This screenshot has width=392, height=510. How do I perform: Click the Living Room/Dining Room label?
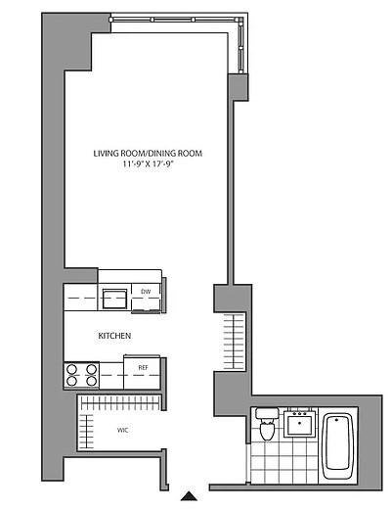click(148, 154)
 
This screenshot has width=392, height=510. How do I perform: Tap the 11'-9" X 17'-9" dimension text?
click(148, 164)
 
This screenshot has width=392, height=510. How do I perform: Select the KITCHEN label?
click(114, 336)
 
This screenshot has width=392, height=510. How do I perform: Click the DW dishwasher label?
click(146, 292)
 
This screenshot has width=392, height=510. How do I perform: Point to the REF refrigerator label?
click(143, 368)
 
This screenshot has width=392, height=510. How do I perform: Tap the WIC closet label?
click(122, 431)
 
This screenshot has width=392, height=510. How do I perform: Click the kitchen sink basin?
click(114, 299)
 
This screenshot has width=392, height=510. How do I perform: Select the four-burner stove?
click(81, 375)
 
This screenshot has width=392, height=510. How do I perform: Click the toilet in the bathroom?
click(267, 424)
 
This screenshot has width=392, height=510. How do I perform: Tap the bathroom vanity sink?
click(300, 424)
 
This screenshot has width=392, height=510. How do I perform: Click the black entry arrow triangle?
click(189, 496)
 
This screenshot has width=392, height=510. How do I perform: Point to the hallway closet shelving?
click(234, 342)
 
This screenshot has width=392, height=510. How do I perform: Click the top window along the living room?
click(175, 20)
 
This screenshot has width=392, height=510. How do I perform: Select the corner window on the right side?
click(240, 45)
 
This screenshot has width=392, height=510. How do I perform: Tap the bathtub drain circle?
click(336, 420)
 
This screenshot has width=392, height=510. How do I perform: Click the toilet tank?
click(267, 413)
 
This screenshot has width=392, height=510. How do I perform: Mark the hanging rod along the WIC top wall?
click(120, 403)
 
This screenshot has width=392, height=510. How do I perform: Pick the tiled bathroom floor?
click(283, 461)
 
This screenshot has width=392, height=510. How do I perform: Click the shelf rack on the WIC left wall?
click(87, 432)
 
